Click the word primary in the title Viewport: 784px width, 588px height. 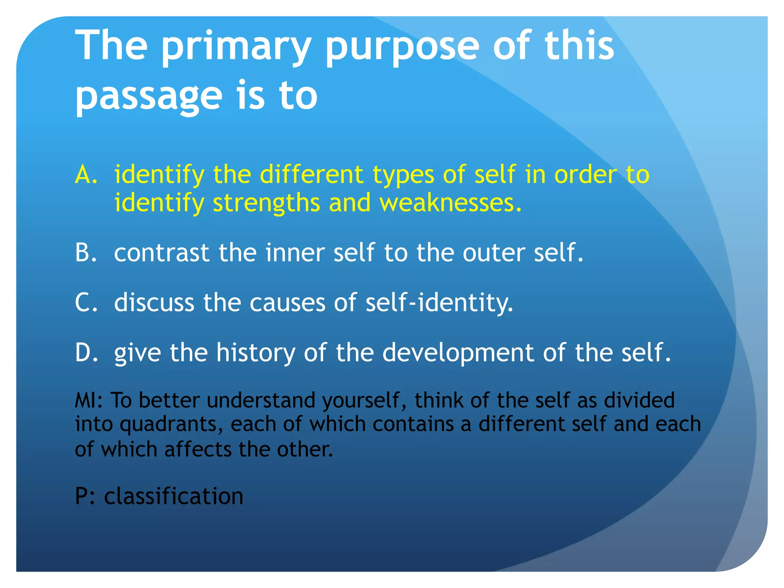coord(235,48)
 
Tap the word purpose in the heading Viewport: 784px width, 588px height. coord(402,48)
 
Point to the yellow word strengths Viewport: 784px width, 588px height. coord(266,203)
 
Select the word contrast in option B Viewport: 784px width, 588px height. coord(162,253)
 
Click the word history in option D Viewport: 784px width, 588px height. coord(255,352)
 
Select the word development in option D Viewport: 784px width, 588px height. coord(458,353)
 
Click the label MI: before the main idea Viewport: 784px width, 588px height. coord(88,400)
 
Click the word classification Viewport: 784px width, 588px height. coord(173,497)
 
